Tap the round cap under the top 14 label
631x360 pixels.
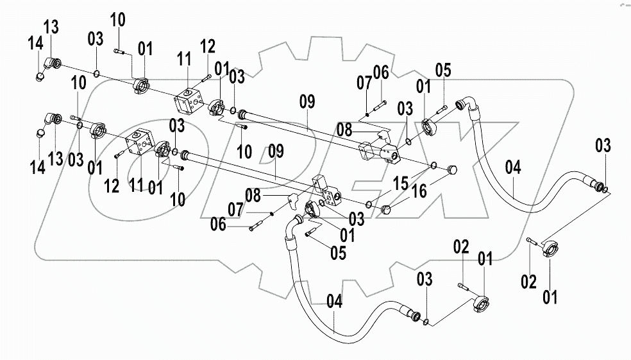(x=40, y=76)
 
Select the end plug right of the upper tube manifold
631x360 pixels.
(x=450, y=169)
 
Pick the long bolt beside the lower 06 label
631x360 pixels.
(x=255, y=225)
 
